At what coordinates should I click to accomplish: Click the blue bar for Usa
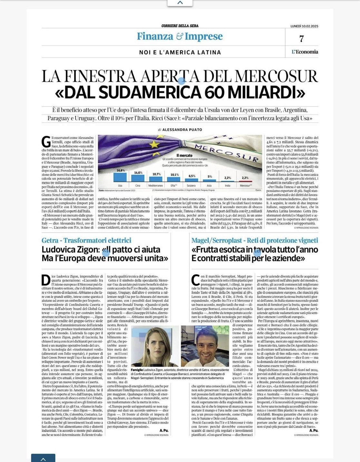pyautogui.click(x=120, y=177)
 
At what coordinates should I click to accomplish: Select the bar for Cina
pyautogui.click(x=138, y=179)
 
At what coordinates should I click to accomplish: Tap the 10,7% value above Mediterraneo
pyautogui.click(x=156, y=174)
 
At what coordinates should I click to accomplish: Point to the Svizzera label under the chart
pyautogui.click(x=191, y=186)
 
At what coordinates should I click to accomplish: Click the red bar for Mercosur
pyautogui.click(x=245, y=181)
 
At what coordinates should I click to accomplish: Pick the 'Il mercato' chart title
pyautogui.click(x=184, y=156)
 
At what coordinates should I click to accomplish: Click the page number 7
pyautogui.click(x=301, y=39)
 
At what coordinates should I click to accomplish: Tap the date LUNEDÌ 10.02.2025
pyautogui.click(x=304, y=26)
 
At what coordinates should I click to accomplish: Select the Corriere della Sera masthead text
pyautogui.click(x=180, y=26)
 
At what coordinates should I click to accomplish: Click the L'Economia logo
pyautogui.click(x=305, y=52)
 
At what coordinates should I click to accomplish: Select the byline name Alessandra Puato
pyautogui.click(x=182, y=130)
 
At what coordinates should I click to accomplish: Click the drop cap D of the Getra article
pyautogui.click(x=46, y=280)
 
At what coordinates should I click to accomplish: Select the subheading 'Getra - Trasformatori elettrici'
pyautogui.click(x=86, y=240)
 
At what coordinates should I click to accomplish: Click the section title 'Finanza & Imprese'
pyautogui.click(x=180, y=36)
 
